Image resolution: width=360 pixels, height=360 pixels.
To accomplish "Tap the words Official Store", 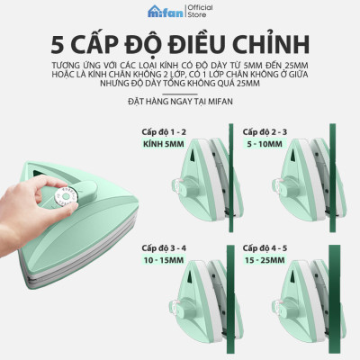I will tap(199, 10).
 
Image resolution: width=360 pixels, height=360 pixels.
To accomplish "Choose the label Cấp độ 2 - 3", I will tap(262, 131).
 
